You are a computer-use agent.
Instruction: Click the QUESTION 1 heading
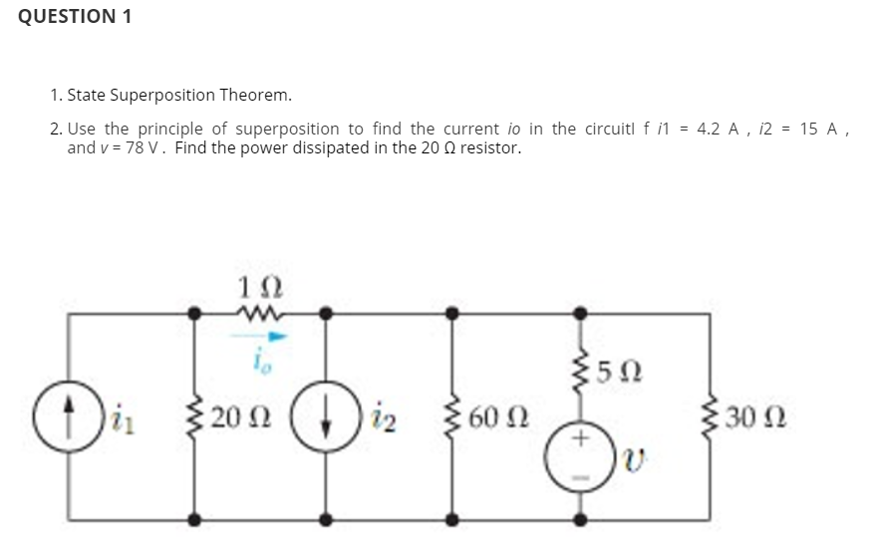75,17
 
